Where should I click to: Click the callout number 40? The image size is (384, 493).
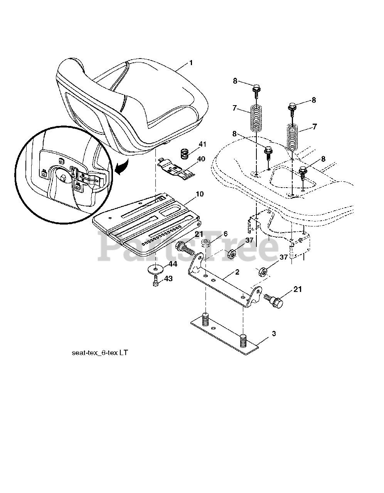pyautogui.click(x=201, y=159)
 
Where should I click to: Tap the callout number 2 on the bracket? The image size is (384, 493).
pyautogui.click(x=237, y=272)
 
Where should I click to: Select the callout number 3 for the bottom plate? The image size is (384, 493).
pyautogui.click(x=273, y=334)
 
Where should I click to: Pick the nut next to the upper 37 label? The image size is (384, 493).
pyautogui.click(x=232, y=255)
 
